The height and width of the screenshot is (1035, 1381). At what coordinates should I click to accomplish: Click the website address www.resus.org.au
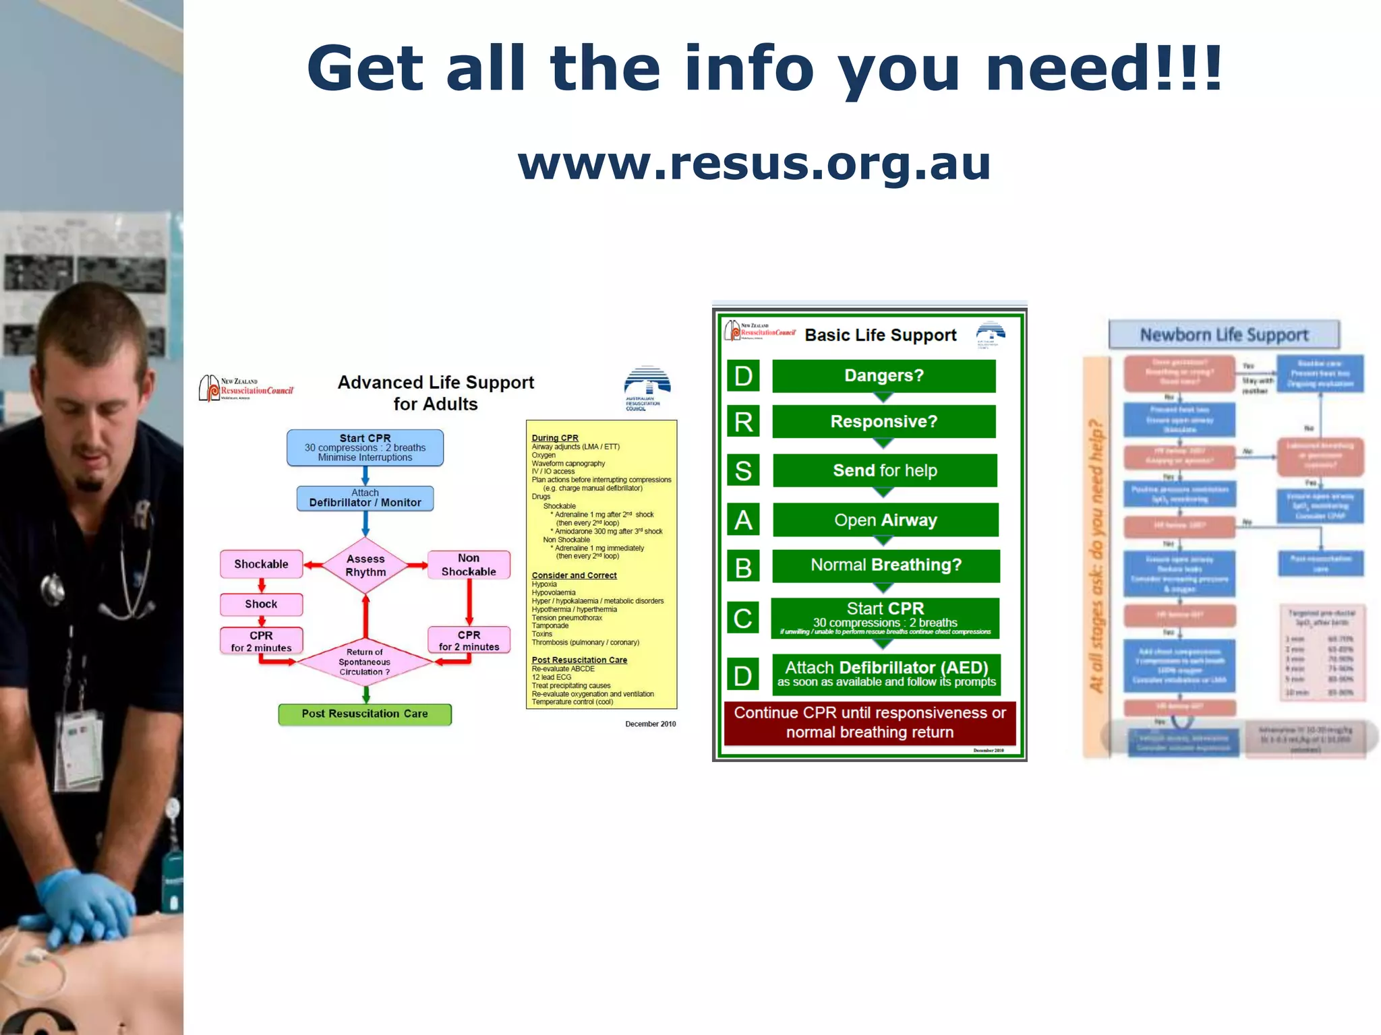[x=754, y=164]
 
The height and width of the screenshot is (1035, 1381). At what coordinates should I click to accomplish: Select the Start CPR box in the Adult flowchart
[x=365, y=447]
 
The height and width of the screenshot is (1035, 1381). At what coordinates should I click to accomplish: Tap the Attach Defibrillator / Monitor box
[x=365, y=498]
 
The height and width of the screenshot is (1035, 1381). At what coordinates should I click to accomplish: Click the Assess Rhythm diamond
[x=365, y=565]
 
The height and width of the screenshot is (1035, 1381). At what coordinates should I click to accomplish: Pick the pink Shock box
[x=261, y=604]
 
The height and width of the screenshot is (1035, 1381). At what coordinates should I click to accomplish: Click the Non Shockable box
[x=469, y=565]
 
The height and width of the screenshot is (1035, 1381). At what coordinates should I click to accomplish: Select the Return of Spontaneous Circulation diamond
[x=365, y=662]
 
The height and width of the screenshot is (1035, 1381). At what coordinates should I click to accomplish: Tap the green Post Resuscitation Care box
[x=365, y=714]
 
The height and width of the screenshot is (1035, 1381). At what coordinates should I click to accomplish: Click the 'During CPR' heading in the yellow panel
[x=555, y=438]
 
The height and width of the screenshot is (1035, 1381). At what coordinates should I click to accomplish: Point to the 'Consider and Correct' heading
[x=574, y=575]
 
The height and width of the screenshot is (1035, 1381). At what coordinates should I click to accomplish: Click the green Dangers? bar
[x=883, y=375]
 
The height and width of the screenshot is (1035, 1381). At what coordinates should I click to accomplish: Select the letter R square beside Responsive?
[x=743, y=422]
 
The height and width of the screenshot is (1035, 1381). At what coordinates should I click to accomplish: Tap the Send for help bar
[x=885, y=470]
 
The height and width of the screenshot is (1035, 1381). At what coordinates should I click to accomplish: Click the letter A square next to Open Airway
[x=743, y=520]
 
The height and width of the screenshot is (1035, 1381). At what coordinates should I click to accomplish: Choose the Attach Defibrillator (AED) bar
[x=886, y=674]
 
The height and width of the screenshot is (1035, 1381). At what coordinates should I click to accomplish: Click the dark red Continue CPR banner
[x=869, y=722]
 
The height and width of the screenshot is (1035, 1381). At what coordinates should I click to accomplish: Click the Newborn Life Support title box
[x=1223, y=335]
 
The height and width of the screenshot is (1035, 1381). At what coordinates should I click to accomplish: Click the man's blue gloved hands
[x=88, y=910]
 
